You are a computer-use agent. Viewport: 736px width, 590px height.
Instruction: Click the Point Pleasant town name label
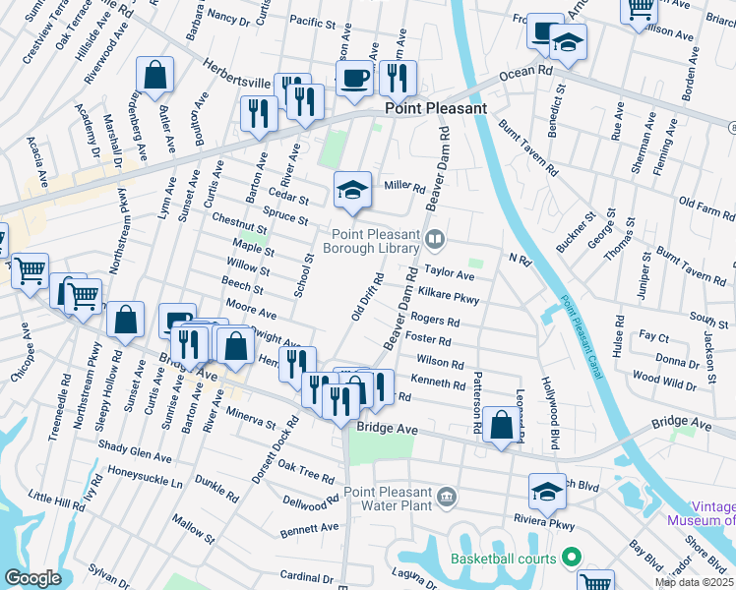click(x=435, y=108)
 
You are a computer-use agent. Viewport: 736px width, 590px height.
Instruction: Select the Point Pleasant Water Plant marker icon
click(x=448, y=497)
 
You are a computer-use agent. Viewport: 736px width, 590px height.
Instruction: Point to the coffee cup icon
click(x=354, y=78)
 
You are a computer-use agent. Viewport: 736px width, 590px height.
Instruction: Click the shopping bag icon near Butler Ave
click(x=155, y=75)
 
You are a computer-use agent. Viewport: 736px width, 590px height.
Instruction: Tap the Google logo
click(x=31, y=578)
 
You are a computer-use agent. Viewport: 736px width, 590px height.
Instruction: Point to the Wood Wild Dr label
click(x=664, y=378)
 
